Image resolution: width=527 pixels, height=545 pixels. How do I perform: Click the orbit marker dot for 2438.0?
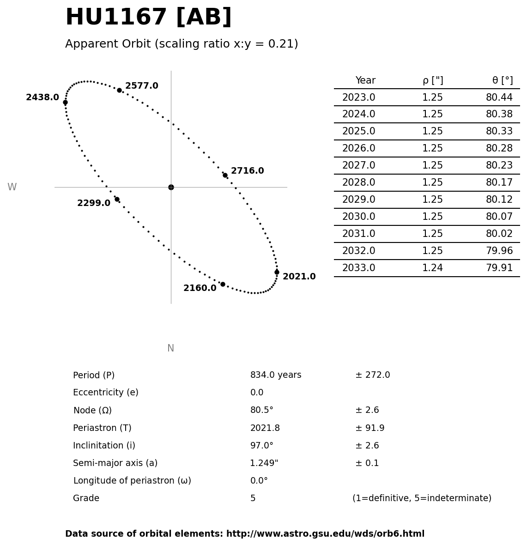(65, 102)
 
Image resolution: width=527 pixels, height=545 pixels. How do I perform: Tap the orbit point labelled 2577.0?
(119, 90)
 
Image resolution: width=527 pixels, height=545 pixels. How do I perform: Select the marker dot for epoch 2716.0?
(225, 175)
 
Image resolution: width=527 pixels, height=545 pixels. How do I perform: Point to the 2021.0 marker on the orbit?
(277, 272)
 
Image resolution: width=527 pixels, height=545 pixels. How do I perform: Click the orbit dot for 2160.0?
(223, 284)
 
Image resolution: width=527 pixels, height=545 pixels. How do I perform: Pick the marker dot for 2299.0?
(117, 199)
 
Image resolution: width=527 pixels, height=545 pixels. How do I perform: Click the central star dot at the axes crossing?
(171, 187)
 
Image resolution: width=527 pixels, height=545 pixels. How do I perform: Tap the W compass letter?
(12, 187)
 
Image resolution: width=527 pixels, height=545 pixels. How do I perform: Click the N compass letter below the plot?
(170, 348)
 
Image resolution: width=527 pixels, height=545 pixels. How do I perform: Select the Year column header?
(365, 80)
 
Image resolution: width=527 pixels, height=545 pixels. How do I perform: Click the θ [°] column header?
(502, 80)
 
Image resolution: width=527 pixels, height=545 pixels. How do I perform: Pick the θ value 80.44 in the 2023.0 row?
(499, 97)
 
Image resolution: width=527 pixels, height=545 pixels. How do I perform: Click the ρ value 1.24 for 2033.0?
(432, 268)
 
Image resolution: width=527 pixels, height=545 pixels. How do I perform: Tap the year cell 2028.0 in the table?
(358, 182)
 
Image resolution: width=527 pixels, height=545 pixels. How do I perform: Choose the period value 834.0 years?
(276, 375)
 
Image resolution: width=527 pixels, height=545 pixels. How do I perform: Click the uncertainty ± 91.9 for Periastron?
(370, 428)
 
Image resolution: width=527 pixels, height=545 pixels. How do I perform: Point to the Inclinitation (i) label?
(104, 446)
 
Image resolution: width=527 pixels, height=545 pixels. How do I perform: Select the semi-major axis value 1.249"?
(264, 463)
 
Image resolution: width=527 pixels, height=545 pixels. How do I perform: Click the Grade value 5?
(253, 498)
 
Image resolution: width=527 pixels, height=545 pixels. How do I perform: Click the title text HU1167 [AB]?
(148, 18)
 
